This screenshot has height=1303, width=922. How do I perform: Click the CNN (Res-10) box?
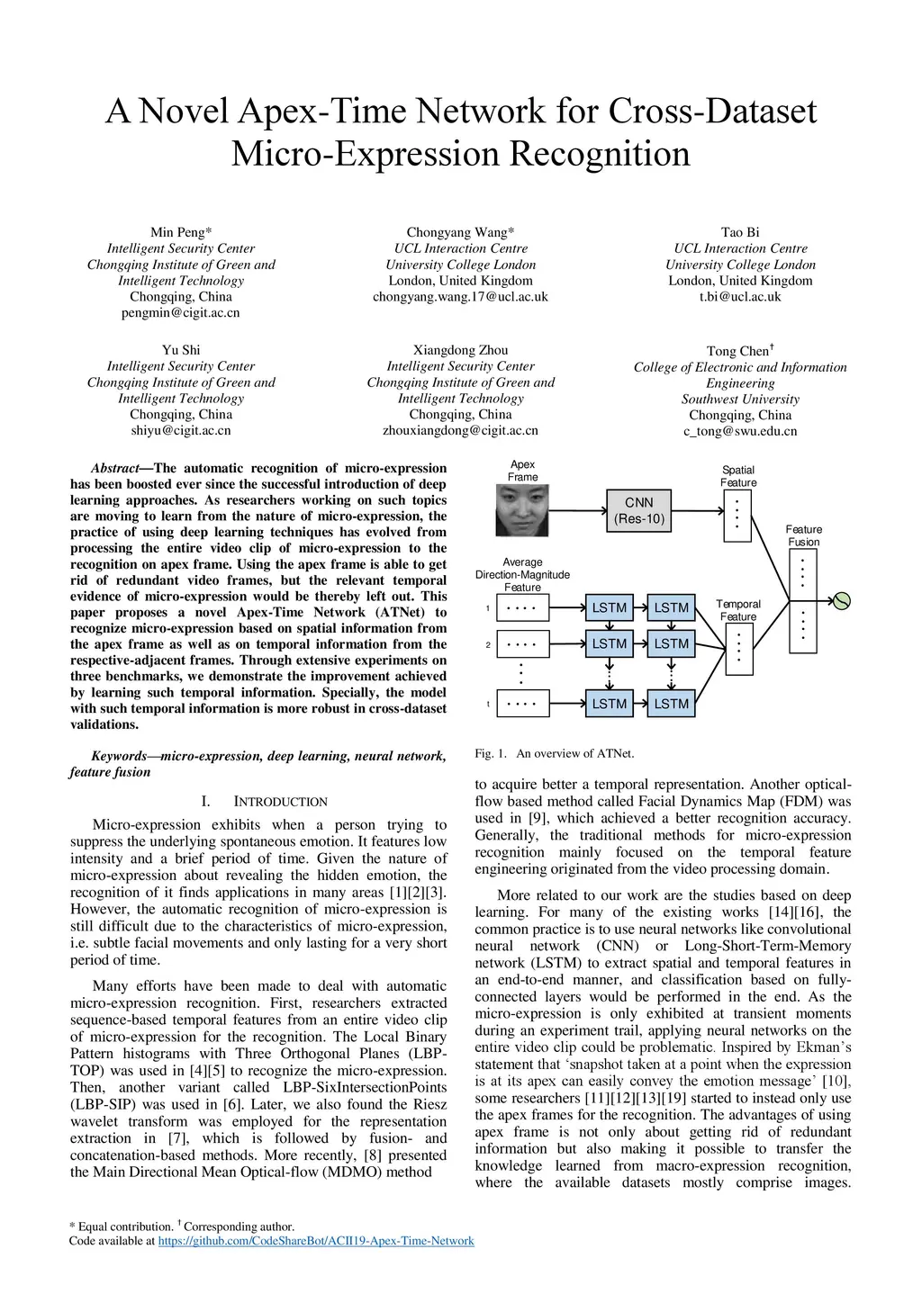click(638, 510)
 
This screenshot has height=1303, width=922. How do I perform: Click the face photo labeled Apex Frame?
click(522, 510)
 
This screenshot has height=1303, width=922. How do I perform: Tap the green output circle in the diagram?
click(842, 601)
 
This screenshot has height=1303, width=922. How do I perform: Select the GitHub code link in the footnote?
click(316, 1241)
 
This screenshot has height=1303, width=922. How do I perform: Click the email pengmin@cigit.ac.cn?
click(181, 313)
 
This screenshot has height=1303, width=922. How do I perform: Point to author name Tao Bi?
click(740, 232)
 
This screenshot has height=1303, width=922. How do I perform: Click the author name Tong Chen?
click(738, 351)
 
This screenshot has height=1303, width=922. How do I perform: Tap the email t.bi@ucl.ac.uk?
click(740, 297)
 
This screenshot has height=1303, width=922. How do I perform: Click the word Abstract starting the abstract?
click(114, 468)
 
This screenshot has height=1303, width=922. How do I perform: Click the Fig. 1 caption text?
click(555, 753)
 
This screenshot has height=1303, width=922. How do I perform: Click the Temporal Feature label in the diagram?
click(738, 610)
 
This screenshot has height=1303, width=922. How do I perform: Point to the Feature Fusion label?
click(804, 535)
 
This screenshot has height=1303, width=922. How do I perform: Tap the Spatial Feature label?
click(738, 476)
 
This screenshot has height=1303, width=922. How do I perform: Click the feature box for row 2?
click(522, 644)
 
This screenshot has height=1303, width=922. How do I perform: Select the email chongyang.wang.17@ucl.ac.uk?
click(460, 297)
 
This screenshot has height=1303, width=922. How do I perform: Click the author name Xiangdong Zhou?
click(460, 350)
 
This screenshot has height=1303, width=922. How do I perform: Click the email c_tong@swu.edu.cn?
click(740, 431)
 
